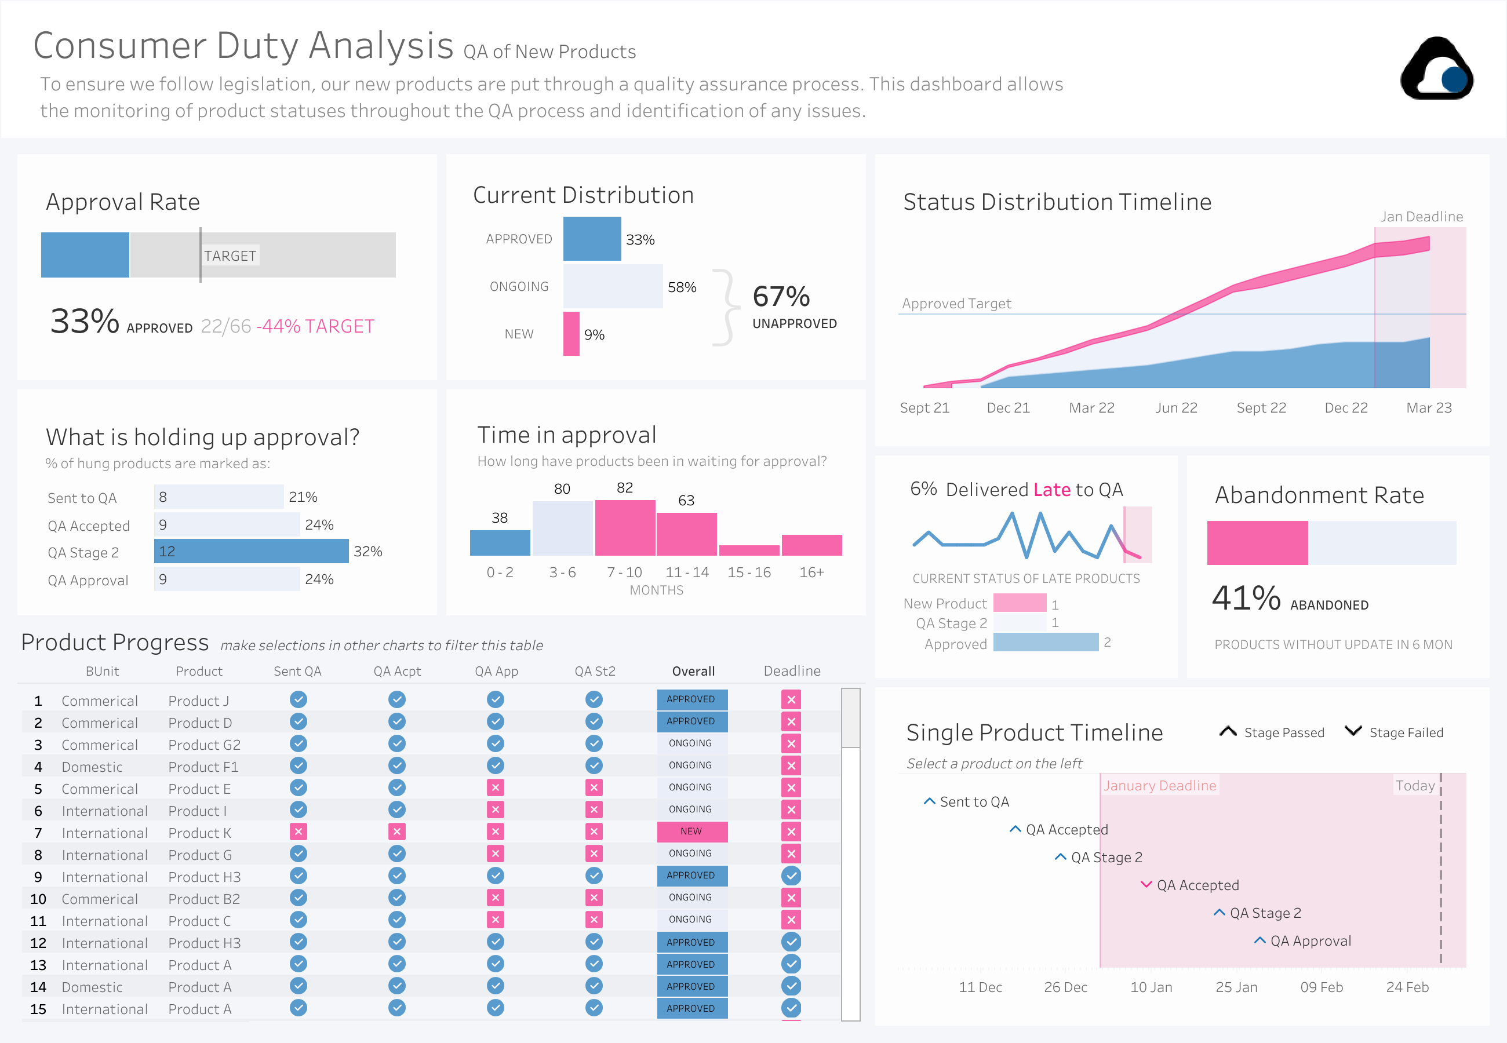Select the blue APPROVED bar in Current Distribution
click(591, 239)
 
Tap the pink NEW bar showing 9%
click(571, 333)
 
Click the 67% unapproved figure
click(781, 297)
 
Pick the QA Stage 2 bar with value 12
click(251, 551)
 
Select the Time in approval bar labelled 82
click(625, 527)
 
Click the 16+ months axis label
click(811, 572)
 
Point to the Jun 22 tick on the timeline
click(1175, 408)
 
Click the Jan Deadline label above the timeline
click(1421, 216)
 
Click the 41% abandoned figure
click(1246, 597)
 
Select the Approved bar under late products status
click(1045, 643)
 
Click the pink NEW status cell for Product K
click(691, 832)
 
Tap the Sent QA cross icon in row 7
click(298, 832)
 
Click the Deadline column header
click(791, 670)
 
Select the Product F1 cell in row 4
click(203, 767)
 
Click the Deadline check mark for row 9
click(791, 875)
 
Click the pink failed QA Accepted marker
click(1145, 884)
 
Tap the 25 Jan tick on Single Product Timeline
click(1236, 987)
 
